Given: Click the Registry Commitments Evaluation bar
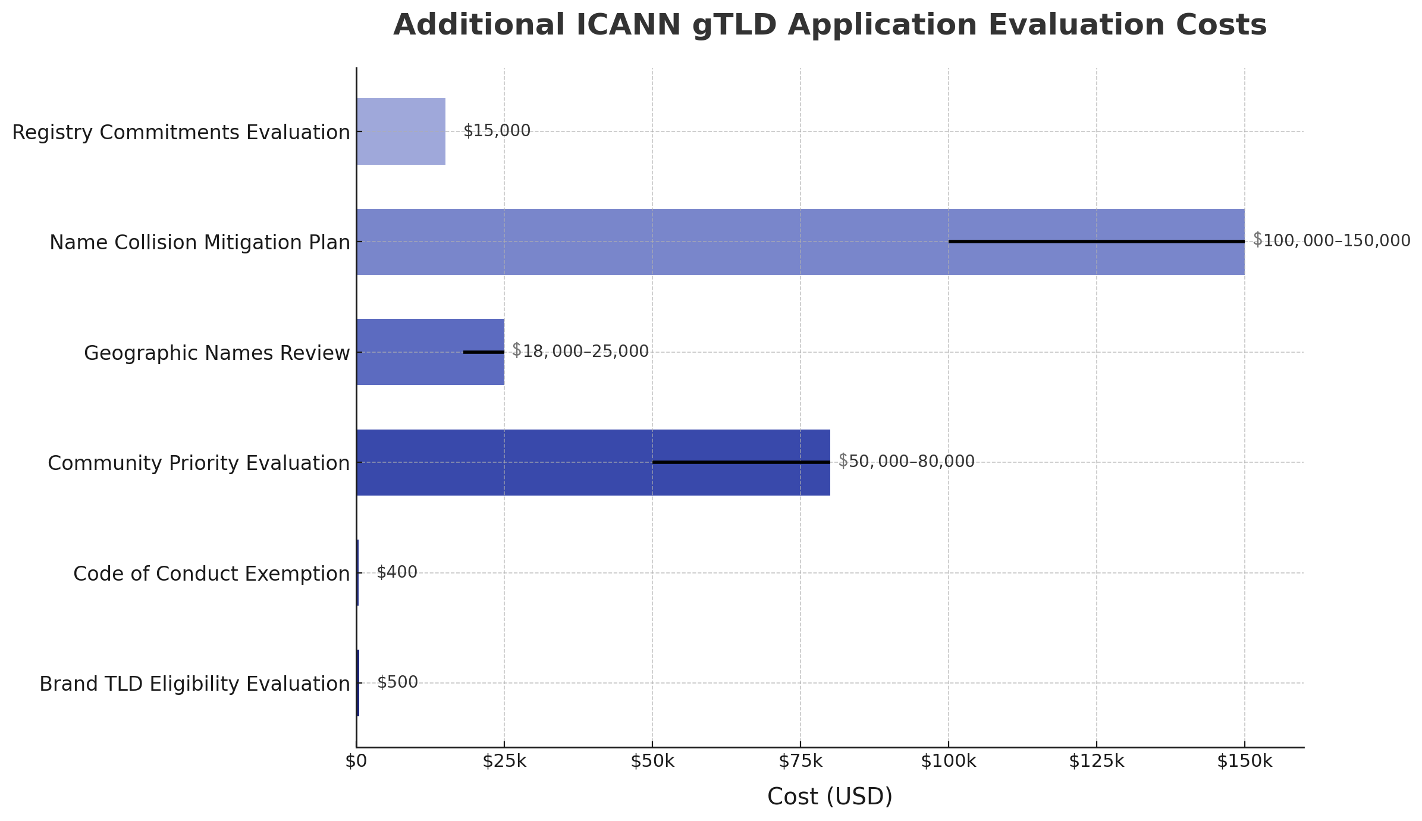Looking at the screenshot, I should pyautogui.click(x=401, y=131).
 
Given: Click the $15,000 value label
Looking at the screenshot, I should pyautogui.click(x=497, y=131).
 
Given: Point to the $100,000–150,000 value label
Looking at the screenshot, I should pyautogui.click(x=1331, y=241).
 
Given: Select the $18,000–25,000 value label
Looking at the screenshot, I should pyautogui.click(x=580, y=351).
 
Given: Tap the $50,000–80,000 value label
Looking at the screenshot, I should pyautogui.click(x=906, y=461).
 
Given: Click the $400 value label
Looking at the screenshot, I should pyautogui.click(x=397, y=572).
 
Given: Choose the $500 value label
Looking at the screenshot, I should pyautogui.click(x=397, y=682).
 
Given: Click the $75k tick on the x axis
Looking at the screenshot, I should pyautogui.click(x=800, y=762).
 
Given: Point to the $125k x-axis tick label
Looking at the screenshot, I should pyautogui.click(x=1096, y=762).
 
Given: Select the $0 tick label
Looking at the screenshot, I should pyautogui.click(x=356, y=762).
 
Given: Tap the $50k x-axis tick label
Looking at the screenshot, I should pyautogui.click(x=652, y=762).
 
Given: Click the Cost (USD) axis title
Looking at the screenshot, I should pyautogui.click(x=830, y=797).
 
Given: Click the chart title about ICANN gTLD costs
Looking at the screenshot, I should pyautogui.click(x=830, y=26).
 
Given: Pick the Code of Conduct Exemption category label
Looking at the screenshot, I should pyautogui.click(x=211, y=574).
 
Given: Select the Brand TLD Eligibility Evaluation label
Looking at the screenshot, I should pyautogui.click(x=194, y=684).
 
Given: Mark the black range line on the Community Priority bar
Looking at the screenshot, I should pyautogui.click(x=741, y=462).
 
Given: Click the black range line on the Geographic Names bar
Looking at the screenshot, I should pyautogui.click(x=484, y=352).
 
